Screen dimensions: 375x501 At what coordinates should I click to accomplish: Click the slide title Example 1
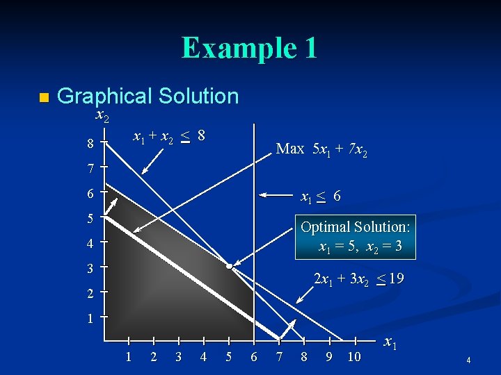[x=250, y=48]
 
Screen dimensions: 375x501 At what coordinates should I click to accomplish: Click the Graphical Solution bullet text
[x=148, y=96]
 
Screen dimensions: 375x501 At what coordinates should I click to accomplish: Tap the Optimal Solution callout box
[x=356, y=236]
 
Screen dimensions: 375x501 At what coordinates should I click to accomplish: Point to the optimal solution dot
[x=229, y=265]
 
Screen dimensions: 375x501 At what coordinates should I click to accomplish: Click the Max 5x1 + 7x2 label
[x=321, y=148]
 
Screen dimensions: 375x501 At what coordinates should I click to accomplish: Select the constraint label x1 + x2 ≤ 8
[x=169, y=136]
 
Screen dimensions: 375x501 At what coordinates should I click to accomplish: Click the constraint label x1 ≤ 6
[x=320, y=197]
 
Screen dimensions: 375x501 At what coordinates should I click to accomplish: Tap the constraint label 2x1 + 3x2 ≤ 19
[x=358, y=279]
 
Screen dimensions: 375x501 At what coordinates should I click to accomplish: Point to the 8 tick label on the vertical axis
[x=90, y=144]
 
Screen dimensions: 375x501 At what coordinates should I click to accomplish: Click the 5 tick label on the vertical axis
[x=90, y=218]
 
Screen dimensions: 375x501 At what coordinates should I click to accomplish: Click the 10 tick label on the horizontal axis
[x=354, y=357]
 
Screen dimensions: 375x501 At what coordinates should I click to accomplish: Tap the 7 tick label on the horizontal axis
[x=279, y=357]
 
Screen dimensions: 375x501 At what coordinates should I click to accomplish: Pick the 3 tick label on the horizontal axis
[x=178, y=357]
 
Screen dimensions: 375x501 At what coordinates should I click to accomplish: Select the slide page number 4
[x=469, y=360]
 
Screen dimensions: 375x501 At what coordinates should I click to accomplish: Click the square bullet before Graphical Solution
[x=43, y=98]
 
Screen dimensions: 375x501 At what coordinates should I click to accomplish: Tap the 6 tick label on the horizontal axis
[x=253, y=357]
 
